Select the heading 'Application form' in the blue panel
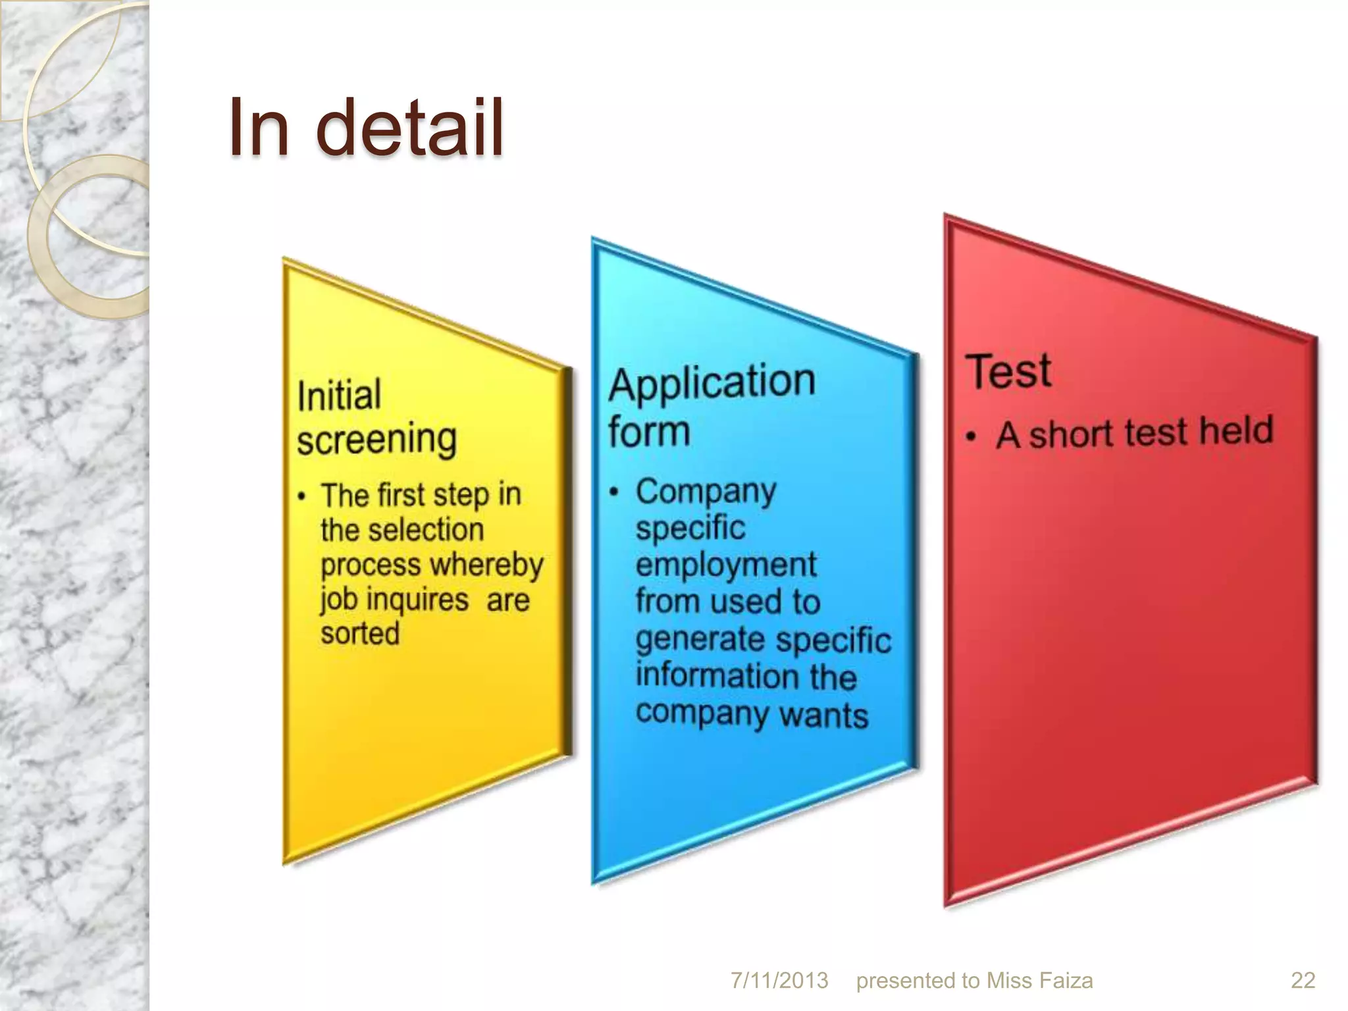pyautogui.click(x=711, y=405)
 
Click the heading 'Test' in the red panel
pyautogui.click(x=1008, y=371)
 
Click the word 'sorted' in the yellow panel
pyautogui.click(x=360, y=633)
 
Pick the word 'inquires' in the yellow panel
pyautogui.click(x=417, y=600)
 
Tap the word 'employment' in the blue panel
pyautogui.click(x=726, y=565)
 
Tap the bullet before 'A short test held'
pyautogui.click(x=971, y=437)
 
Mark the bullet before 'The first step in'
pyautogui.click(x=301, y=497)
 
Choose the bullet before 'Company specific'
pyautogui.click(x=614, y=492)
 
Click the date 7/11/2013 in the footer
pyautogui.click(x=779, y=981)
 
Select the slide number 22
pyautogui.click(x=1303, y=981)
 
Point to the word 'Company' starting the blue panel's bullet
pyautogui.click(x=706, y=492)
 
